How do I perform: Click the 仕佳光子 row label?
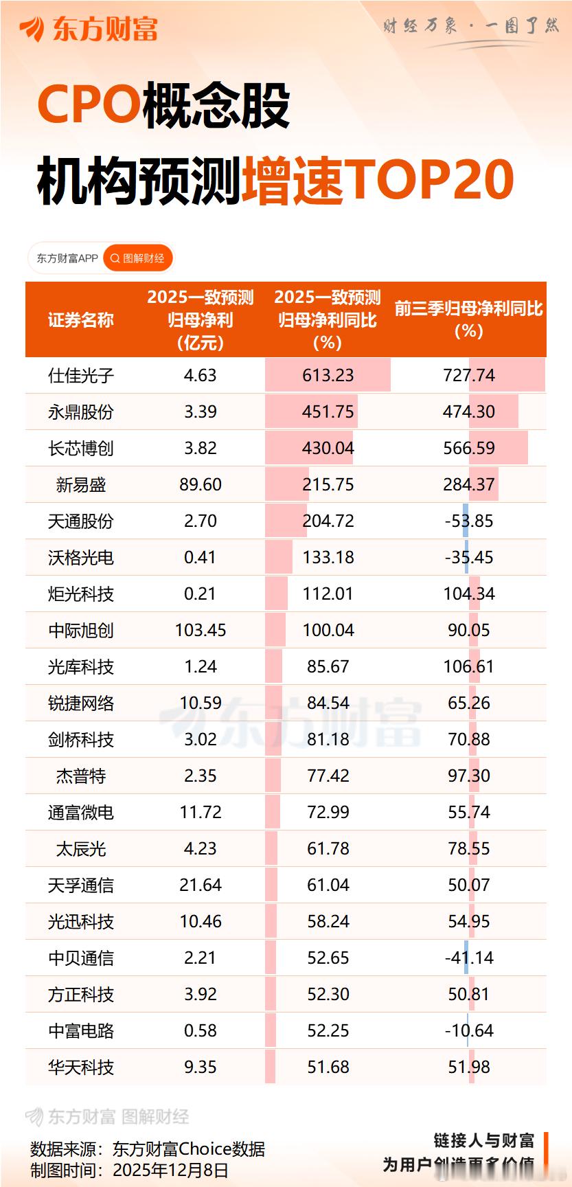point(81,376)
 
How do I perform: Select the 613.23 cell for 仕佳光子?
point(328,376)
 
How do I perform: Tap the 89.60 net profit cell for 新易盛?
point(201,485)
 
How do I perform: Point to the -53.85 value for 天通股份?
point(469,521)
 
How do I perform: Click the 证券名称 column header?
point(81,320)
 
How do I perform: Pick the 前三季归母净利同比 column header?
point(469,319)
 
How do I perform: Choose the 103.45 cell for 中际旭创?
point(201,631)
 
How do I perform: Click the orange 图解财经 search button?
point(138,258)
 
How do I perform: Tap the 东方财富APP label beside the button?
point(67,258)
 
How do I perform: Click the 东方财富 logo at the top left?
point(89,29)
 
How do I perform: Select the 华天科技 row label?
point(81,1067)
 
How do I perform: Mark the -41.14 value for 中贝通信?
point(469,958)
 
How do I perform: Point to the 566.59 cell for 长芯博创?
point(469,449)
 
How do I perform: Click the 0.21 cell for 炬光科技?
point(201,594)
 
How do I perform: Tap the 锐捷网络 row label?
point(81,703)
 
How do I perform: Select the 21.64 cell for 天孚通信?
point(201,885)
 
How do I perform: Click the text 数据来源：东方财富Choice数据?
point(148,1149)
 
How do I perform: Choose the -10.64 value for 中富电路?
point(469,1031)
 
